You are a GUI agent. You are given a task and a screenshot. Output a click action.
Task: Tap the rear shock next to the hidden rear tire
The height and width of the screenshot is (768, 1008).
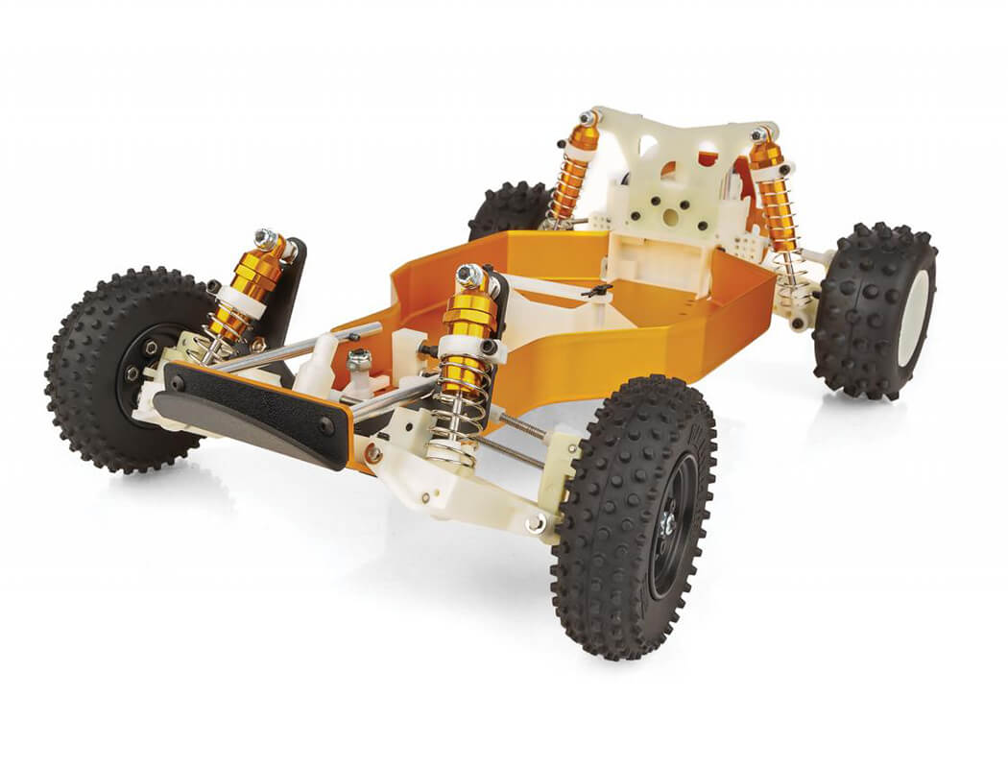click(x=574, y=173)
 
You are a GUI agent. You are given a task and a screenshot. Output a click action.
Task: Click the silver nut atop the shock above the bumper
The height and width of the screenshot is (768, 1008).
click(x=266, y=237)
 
